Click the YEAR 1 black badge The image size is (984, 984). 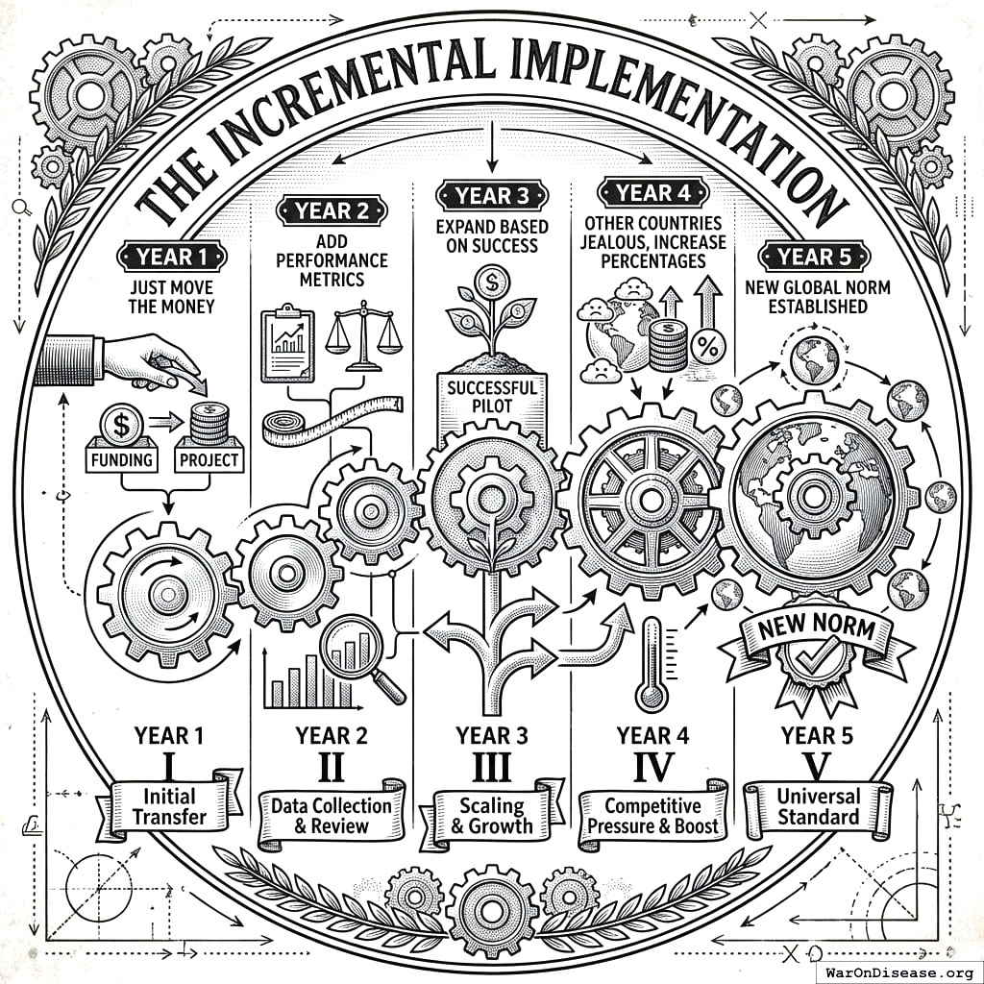tap(172, 257)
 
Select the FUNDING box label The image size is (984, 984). tap(122, 458)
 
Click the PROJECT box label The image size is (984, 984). tap(208, 458)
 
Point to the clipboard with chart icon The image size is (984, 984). tap(287, 345)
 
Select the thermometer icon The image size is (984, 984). tap(652, 662)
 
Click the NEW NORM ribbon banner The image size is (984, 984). tap(816, 632)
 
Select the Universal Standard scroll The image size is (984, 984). tap(819, 807)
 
